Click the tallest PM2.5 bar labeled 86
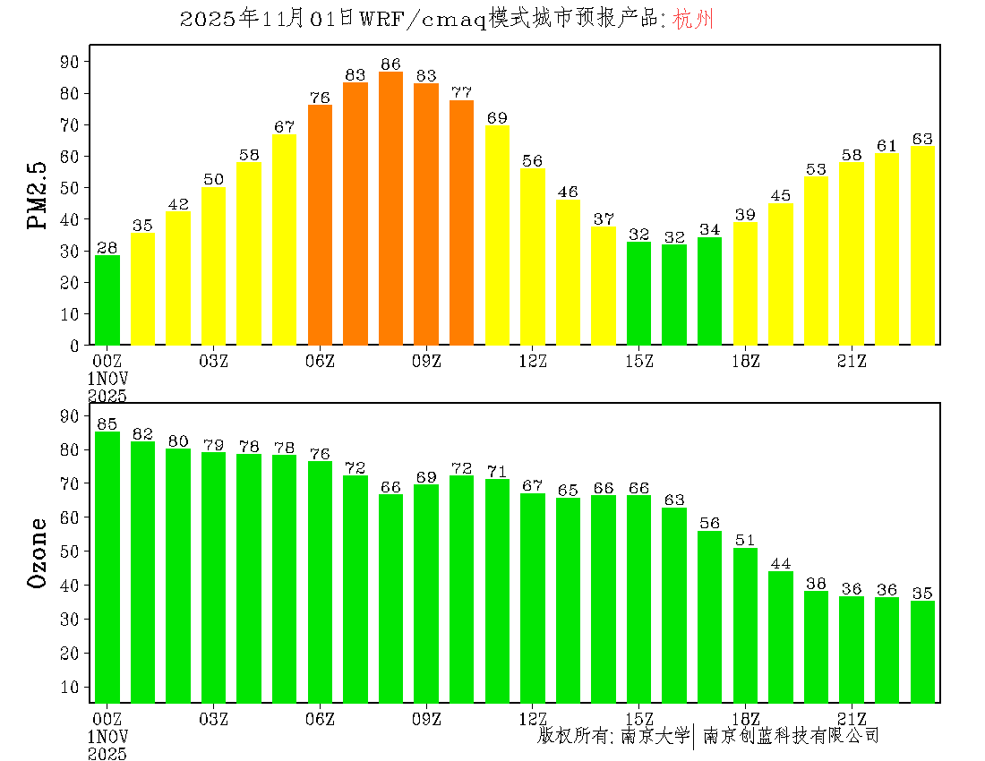(x=390, y=209)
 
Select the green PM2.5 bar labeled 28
(x=107, y=300)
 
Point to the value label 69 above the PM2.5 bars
(x=497, y=117)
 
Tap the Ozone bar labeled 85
(x=107, y=567)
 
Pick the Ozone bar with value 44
(x=781, y=637)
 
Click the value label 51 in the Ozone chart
(x=745, y=540)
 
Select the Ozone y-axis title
(x=38, y=552)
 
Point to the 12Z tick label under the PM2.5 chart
(x=533, y=361)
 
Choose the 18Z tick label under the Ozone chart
(x=745, y=718)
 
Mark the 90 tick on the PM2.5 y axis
(x=70, y=61)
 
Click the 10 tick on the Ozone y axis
(x=70, y=687)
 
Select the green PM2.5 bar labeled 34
(x=709, y=291)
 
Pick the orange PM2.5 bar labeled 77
(x=461, y=222)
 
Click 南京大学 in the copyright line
(x=654, y=736)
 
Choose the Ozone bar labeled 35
(x=922, y=652)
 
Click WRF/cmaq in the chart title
(x=423, y=20)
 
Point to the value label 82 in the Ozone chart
(x=143, y=434)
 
